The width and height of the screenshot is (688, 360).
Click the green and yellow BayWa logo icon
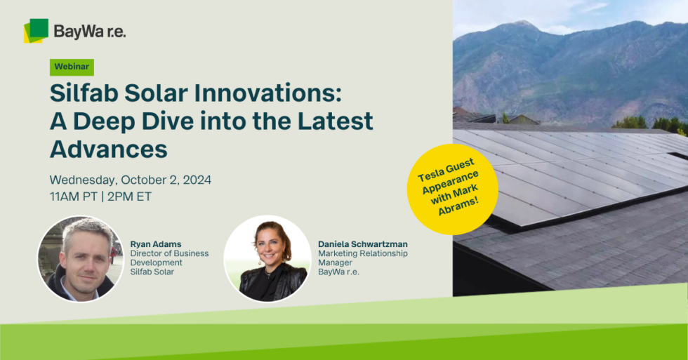point(36,31)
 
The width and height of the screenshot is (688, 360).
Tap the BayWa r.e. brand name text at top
point(90,31)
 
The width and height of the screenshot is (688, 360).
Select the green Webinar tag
point(72,67)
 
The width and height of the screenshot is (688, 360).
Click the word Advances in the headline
point(109,148)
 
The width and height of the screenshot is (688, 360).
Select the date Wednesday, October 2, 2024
point(130,180)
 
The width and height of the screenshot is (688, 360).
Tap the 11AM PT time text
point(73,196)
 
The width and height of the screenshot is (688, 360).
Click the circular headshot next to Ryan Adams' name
point(80,259)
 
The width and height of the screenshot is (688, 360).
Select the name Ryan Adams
point(156,244)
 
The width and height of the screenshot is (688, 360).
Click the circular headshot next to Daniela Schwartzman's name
point(267,259)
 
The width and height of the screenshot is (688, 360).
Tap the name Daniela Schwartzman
point(362,244)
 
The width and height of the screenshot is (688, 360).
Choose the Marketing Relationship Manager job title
point(362,258)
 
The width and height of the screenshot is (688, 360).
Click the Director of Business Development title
point(169,258)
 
